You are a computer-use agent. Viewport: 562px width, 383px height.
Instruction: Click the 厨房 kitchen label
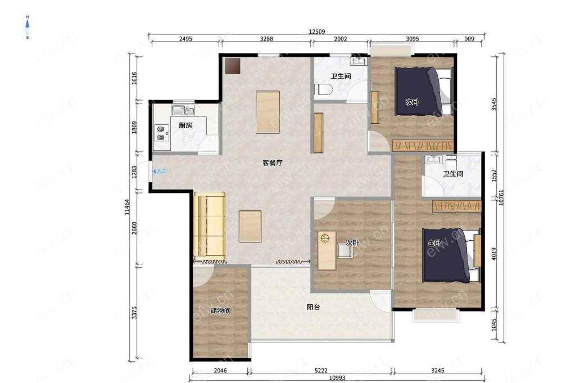coord(185,125)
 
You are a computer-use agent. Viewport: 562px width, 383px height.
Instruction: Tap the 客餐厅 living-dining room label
coord(273,163)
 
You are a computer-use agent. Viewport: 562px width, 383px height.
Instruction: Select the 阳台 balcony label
coord(313,307)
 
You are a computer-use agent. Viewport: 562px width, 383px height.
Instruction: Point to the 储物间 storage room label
coord(220,310)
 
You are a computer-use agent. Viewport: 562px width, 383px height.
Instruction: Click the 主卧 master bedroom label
coord(434,243)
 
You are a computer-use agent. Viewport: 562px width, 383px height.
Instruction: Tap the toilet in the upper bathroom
coord(321,89)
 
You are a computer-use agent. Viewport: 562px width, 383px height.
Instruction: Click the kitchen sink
coord(183,110)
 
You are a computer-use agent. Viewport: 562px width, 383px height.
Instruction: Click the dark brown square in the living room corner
coord(232,66)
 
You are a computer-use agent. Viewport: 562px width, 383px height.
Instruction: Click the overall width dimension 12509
coord(317,31)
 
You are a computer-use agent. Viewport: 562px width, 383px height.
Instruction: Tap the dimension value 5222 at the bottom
coord(321,371)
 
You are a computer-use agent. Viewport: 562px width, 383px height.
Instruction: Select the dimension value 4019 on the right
coord(494,254)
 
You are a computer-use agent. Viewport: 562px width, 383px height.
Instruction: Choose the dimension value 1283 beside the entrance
coord(134,172)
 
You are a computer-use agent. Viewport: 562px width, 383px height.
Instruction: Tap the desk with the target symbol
coord(327,250)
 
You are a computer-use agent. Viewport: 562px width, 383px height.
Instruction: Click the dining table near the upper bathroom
coord(268,112)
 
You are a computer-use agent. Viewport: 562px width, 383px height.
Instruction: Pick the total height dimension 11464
coord(127,208)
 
